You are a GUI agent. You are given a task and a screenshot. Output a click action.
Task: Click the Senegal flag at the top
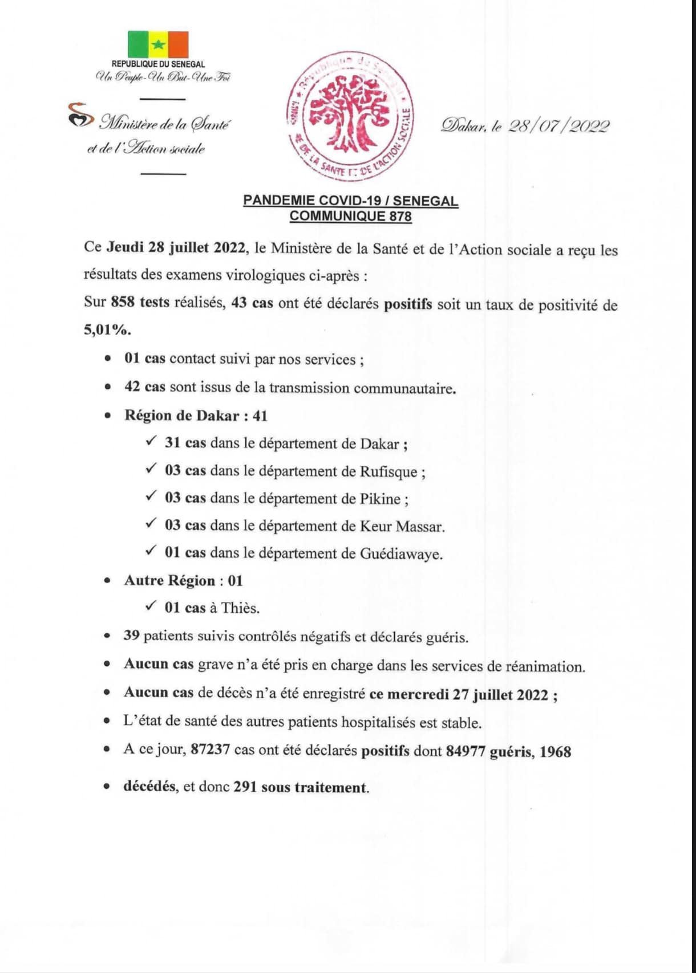click(158, 44)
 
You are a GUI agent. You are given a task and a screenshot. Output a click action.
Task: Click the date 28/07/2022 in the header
click(559, 126)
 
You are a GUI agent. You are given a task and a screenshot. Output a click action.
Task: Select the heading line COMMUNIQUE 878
click(350, 216)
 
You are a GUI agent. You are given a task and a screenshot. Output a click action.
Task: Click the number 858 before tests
click(123, 303)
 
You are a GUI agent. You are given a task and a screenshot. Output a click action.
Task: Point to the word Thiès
click(240, 608)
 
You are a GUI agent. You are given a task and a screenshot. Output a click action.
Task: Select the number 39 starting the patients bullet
click(131, 636)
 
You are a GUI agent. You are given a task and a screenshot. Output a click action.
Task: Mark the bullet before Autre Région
click(107, 581)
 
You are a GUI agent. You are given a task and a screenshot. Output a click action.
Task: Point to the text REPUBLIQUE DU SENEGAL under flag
click(158, 65)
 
